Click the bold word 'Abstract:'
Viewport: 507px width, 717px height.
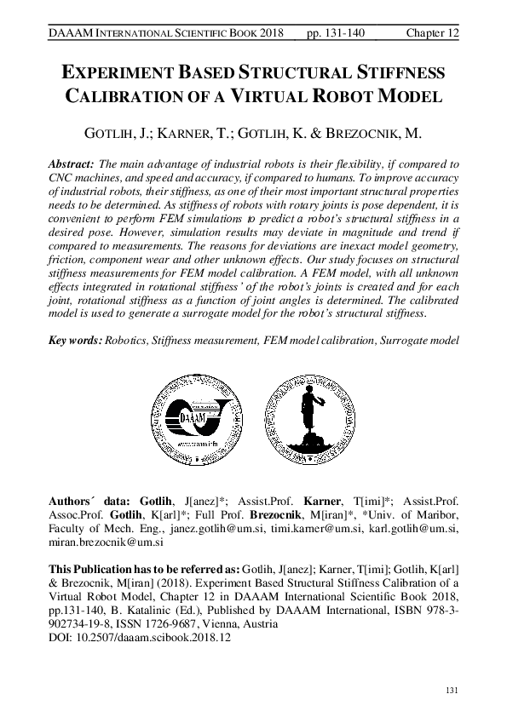(x=70, y=162)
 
